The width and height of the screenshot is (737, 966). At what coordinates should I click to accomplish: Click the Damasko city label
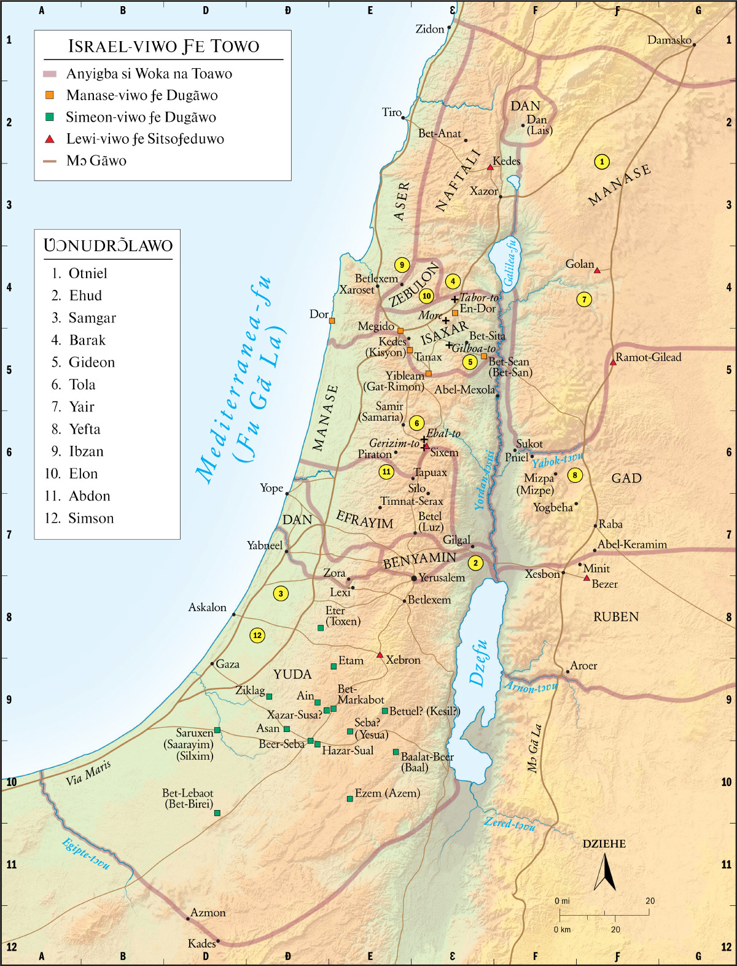tap(669, 40)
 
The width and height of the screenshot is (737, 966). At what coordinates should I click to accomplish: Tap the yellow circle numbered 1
tap(602, 162)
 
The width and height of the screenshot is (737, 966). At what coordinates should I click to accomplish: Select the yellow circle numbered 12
tap(257, 636)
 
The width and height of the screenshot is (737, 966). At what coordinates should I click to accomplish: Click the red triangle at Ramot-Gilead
tap(613, 362)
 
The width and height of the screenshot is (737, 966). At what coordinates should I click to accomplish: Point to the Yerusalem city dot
tap(414, 578)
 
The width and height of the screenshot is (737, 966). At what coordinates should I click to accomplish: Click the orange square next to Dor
tap(332, 321)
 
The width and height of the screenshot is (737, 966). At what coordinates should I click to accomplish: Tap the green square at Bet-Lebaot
tap(217, 812)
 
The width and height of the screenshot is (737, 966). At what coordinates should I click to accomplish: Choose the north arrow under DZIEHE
tap(605, 873)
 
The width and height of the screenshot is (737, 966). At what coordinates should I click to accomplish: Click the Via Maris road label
tap(88, 773)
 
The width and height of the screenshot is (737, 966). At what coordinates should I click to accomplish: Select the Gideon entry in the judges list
tap(92, 362)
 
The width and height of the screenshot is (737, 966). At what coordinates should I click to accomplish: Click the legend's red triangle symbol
tap(50, 139)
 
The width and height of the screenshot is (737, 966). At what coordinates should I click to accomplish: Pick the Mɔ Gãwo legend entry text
tap(96, 161)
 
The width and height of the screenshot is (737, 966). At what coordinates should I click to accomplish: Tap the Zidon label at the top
tap(430, 29)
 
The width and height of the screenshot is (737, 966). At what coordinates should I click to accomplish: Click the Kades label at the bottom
tap(201, 943)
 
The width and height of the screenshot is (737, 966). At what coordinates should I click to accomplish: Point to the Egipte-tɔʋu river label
tap(87, 854)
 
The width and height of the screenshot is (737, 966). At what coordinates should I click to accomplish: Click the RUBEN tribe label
tap(616, 617)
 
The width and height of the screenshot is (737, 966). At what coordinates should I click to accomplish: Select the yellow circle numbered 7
tap(584, 300)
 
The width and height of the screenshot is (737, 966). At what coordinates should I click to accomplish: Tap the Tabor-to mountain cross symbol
tap(454, 299)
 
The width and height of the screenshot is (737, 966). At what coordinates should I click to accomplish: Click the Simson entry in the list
tap(91, 518)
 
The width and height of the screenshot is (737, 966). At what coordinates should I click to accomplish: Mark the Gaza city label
tap(228, 664)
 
